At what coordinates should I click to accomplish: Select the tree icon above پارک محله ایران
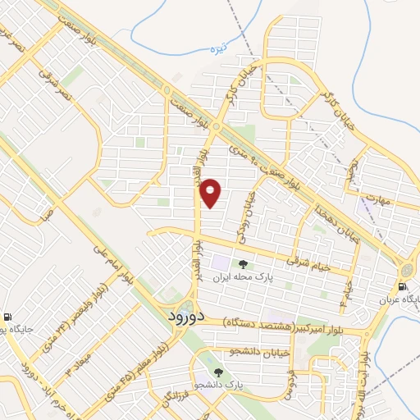point(242,264)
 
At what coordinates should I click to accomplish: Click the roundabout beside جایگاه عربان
point(407,271)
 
